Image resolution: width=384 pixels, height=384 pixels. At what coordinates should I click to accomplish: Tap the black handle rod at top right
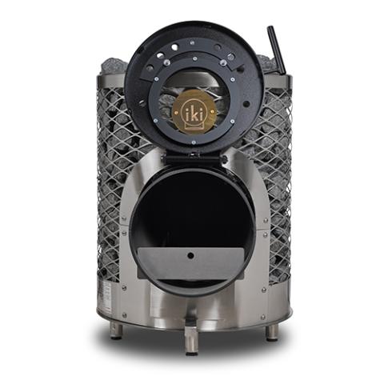(x=277, y=50)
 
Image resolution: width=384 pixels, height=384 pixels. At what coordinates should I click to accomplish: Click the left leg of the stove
(x=117, y=330)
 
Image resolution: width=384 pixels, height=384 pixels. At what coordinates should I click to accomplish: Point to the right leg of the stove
(x=273, y=331)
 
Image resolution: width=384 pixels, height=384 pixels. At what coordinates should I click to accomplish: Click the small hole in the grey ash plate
(x=190, y=255)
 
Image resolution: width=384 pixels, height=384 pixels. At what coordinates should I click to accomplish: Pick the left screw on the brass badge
(x=175, y=113)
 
